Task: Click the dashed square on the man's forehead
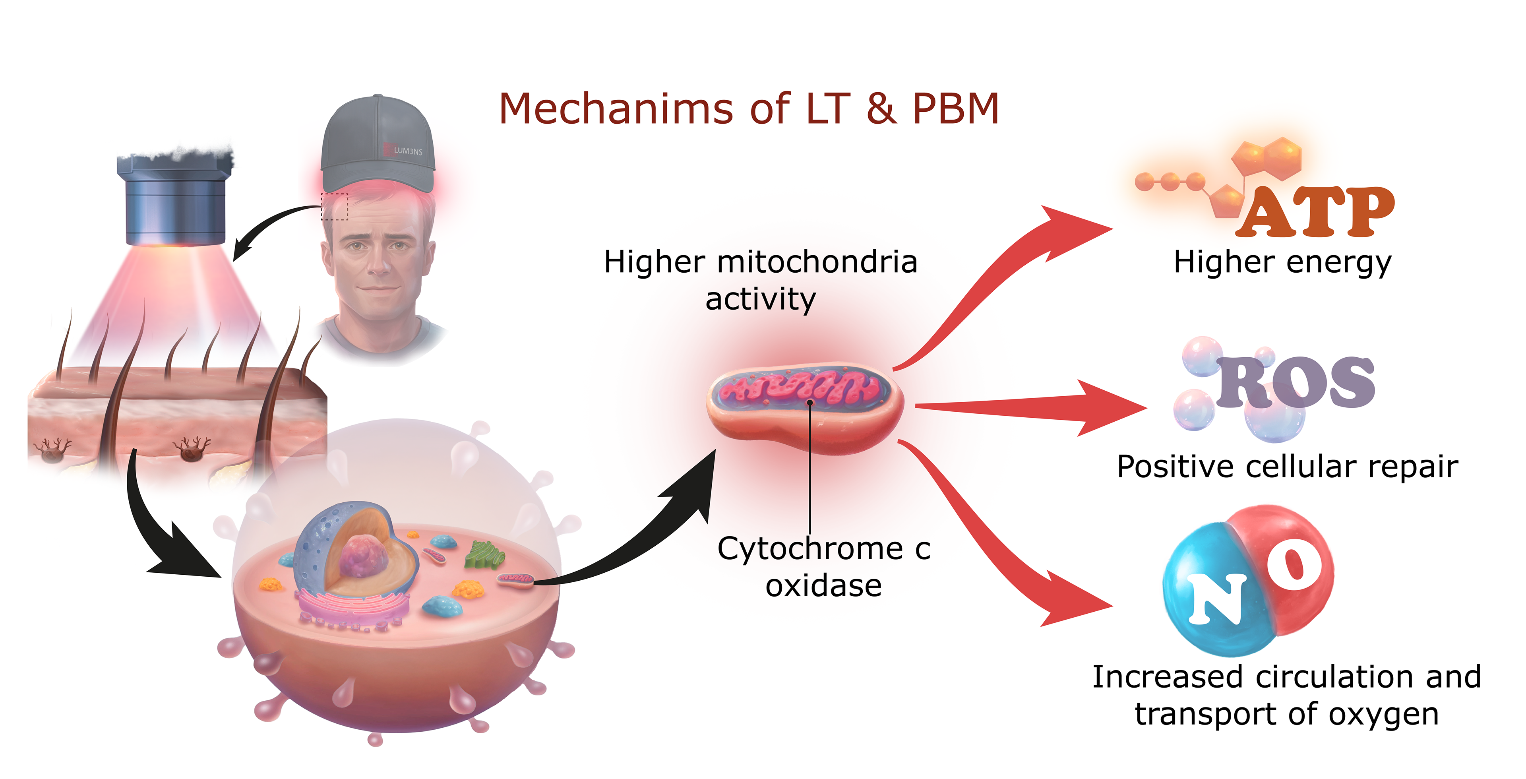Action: pyautogui.click(x=334, y=206)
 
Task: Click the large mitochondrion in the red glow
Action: pyautogui.click(x=806, y=409)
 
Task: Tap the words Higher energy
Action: pyautogui.click(x=1282, y=262)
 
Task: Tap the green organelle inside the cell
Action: pyautogui.click(x=484, y=556)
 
